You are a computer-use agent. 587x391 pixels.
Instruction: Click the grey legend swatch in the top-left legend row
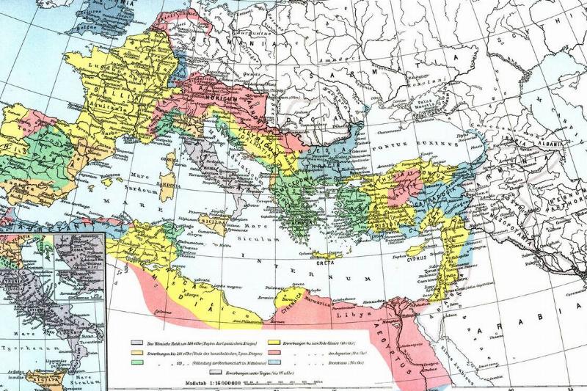(137, 342)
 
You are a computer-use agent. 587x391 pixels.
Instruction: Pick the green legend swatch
(137, 362)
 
